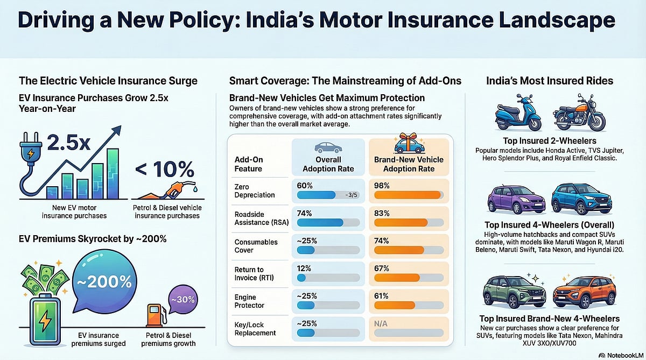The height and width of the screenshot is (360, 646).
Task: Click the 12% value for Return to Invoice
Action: [x=304, y=267]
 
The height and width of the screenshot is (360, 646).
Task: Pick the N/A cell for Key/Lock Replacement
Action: [x=382, y=323]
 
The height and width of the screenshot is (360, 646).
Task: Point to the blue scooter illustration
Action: [x=515, y=118]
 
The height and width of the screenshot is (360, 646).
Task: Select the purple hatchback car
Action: [x=516, y=200]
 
